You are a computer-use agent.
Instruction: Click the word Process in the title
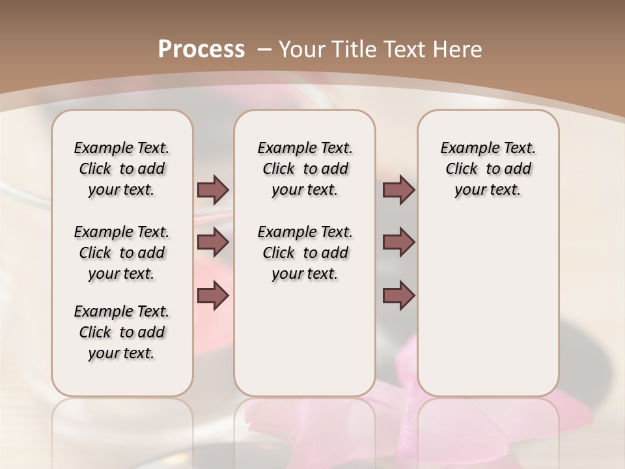(x=201, y=49)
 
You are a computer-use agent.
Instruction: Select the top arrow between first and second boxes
(x=213, y=190)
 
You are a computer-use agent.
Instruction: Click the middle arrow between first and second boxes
(x=213, y=242)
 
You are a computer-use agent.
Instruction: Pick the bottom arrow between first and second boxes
(x=213, y=296)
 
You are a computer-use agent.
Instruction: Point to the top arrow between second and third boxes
(x=398, y=190)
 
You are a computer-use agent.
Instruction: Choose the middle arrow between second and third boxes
(x=398, y=242)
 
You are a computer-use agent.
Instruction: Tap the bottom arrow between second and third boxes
(x=398, y=296)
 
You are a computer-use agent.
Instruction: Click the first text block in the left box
(x=122, y=169)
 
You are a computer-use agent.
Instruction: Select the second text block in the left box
(x=122, y=253)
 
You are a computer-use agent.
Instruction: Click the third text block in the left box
(x=122, y=332)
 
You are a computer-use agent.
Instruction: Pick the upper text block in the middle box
(x=305, y=169)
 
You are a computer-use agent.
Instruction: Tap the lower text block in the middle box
(x=305, y=253)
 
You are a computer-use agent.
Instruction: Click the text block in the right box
(x=488, y=169)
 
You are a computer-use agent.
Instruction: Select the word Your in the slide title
(x=301, y=49)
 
